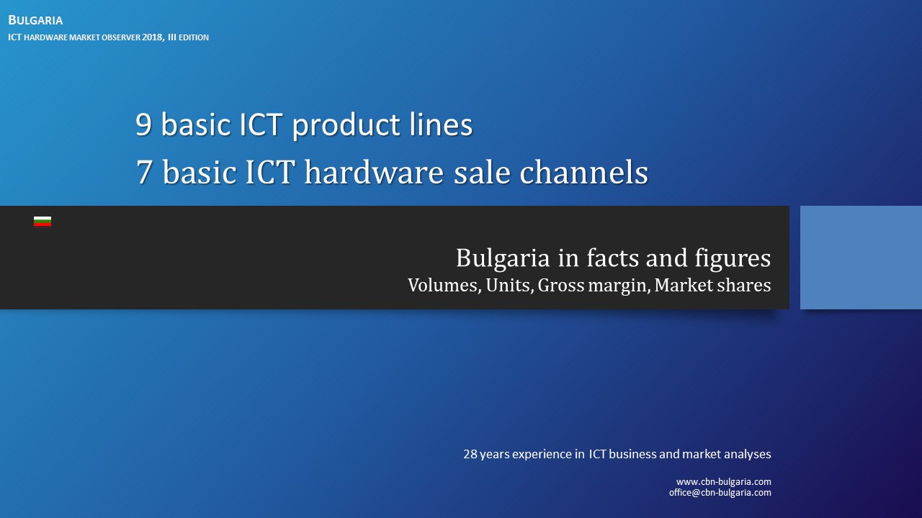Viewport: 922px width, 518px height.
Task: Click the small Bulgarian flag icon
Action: coord(42,222)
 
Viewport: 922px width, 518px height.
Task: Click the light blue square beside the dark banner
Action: coord(861,258)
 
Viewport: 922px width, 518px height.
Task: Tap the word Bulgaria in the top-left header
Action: coord(35,20)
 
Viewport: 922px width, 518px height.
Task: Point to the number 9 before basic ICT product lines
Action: coord(143,125)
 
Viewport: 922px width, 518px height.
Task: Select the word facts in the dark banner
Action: coord(619,258)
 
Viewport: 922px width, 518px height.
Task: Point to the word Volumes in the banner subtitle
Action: coord(442,286)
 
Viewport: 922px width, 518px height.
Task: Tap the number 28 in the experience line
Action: coord(470,455)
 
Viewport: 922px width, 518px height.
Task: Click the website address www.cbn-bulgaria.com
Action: coord(723,482)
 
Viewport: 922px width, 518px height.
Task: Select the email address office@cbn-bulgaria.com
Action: coord(720,493)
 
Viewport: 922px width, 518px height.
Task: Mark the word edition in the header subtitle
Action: coord(193,37)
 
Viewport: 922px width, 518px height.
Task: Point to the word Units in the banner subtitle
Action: coord(507,286)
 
